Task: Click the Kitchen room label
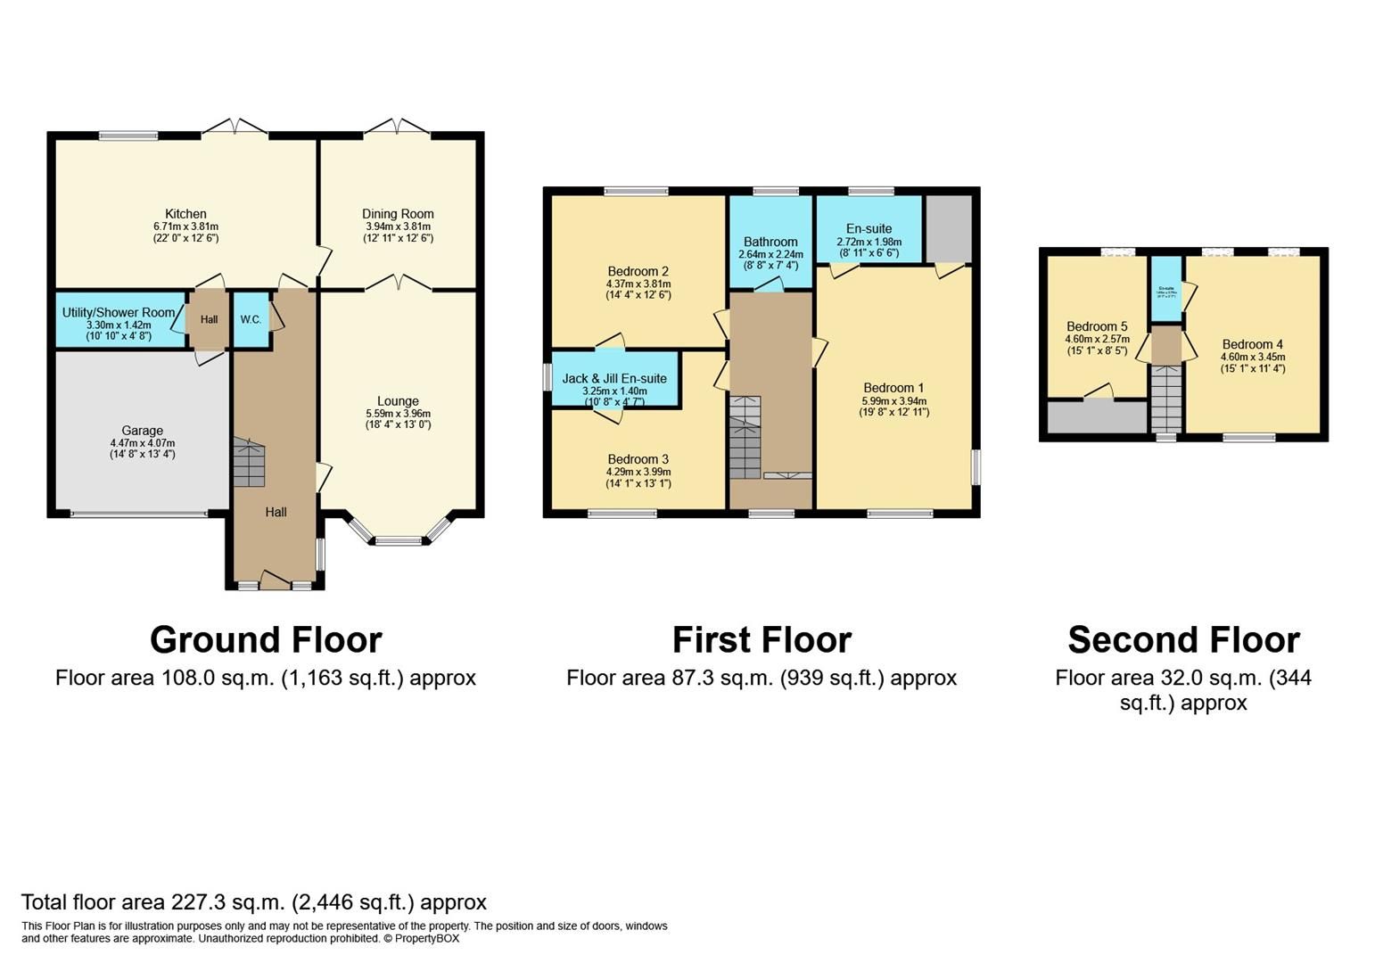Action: [x=185, y=214]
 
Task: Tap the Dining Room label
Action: [x=398, y=214]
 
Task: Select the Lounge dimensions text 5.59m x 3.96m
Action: [x=398, y=414]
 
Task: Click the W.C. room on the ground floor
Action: [x=250, y=320]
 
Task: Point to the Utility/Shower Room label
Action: [x=119, y=313]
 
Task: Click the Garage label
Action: [x=143, y=431]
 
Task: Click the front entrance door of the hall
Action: [x=275, y=582]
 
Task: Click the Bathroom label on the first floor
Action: [x=770, y=242]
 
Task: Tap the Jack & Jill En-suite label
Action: [x=614, y=379]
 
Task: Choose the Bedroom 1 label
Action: [x=893, y=388]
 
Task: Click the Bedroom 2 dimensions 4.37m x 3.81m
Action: [x=638, y=284]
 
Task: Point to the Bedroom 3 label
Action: [x=638, y=459]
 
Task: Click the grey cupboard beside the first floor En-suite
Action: [x=949, y=229]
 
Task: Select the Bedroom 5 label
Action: [x=1097, y=326]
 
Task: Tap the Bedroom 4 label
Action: [x=1253, y=344]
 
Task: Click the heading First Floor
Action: [x=762, y=640]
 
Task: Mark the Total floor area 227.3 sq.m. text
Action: [x=254, y=902]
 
